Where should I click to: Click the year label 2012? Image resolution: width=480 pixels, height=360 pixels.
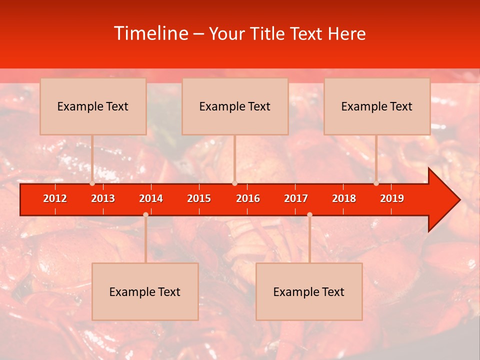pyautogui.click(x=55, y=198)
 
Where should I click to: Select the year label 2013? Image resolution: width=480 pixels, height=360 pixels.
pyautogui.click(x=103, y=198)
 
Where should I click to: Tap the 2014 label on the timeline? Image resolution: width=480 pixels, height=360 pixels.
pyautogui.click(x=151, y=198)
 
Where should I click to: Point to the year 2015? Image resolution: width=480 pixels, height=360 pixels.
pyautogui.click(x=199, y=198)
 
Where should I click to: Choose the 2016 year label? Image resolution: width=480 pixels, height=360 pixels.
pyautogui.click(x=248, y=198)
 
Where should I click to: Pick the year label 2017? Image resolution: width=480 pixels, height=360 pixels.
pyautogui.click(x=296, y=198)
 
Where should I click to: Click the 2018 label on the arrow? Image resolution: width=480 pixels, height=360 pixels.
pyautogui.click(x=344, y=198)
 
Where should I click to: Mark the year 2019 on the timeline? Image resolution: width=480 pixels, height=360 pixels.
pyautogui.click(x=392, y=198)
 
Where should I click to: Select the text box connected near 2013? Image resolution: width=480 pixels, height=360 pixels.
pyautogui.click(x=93, y=106)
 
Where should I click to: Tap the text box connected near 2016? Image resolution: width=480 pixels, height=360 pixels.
pyautogui.click(x=235, y=106)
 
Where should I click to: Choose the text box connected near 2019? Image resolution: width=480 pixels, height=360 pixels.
pyautogui.click(x=377, y=106)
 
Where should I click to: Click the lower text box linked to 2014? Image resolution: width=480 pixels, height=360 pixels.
pyautogui.click(x=145, y=292)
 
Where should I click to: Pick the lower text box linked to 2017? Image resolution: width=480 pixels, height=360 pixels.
pyautogui.click(x=309, y=292)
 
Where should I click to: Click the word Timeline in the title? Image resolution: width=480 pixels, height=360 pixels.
pyautogui.click(x=150, y=33)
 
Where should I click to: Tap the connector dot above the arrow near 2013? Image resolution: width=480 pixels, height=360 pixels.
pyautogui.click(x=92, y=183)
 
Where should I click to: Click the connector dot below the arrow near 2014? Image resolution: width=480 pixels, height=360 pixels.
pyautogui.click(x=145, y=215)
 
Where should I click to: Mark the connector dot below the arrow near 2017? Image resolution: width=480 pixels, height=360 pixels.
pyautogui.click(x=309, y=215)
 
